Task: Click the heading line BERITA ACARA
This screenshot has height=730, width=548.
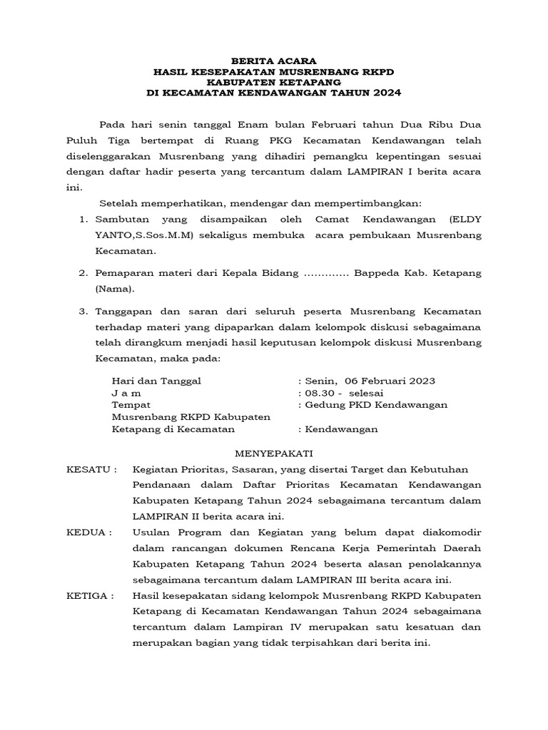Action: (273, 61)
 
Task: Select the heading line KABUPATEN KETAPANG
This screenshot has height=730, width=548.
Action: (273, 82)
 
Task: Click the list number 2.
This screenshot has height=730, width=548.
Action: (83, 274)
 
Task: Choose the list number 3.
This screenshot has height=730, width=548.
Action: (83, 312)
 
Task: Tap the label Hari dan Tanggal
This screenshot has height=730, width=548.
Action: (156, 381)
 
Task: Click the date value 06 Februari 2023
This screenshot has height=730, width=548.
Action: (390, 381)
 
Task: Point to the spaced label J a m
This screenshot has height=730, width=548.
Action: (126, 393)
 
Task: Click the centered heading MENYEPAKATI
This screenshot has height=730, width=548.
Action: (273, 453)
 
